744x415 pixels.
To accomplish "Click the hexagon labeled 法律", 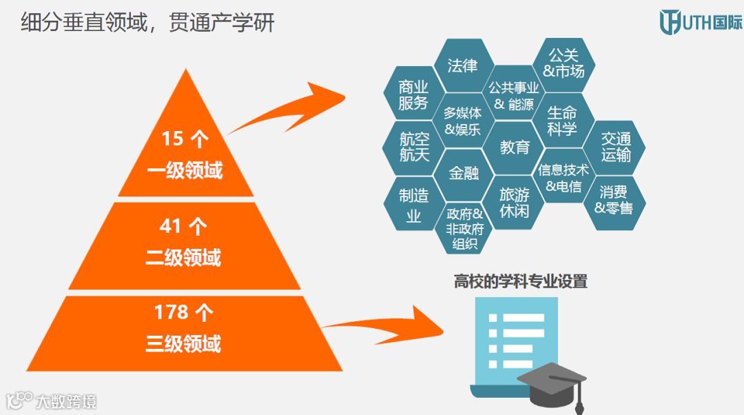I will (x=462, y=65).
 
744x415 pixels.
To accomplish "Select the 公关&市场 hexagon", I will (x=564, y=63).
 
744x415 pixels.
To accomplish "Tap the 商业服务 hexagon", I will (x=413, y=95).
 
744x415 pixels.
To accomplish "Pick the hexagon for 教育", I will (x=515, y=147).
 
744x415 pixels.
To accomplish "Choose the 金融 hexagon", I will (x=464, y=173).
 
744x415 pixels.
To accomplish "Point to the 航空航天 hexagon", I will (x=414, y=147).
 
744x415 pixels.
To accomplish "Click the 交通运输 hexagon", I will (x=615, y=147).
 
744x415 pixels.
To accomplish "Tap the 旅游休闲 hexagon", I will (x=515, y=202).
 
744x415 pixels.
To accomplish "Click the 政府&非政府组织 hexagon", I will (x=464, y=228).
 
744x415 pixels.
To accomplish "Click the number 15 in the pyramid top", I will (x=172, y=139).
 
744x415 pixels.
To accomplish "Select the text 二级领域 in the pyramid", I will (x=183, y=257).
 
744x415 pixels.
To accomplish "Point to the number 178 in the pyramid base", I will (x=171, y=312).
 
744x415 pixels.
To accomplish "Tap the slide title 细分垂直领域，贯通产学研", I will (x=148, y=23).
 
